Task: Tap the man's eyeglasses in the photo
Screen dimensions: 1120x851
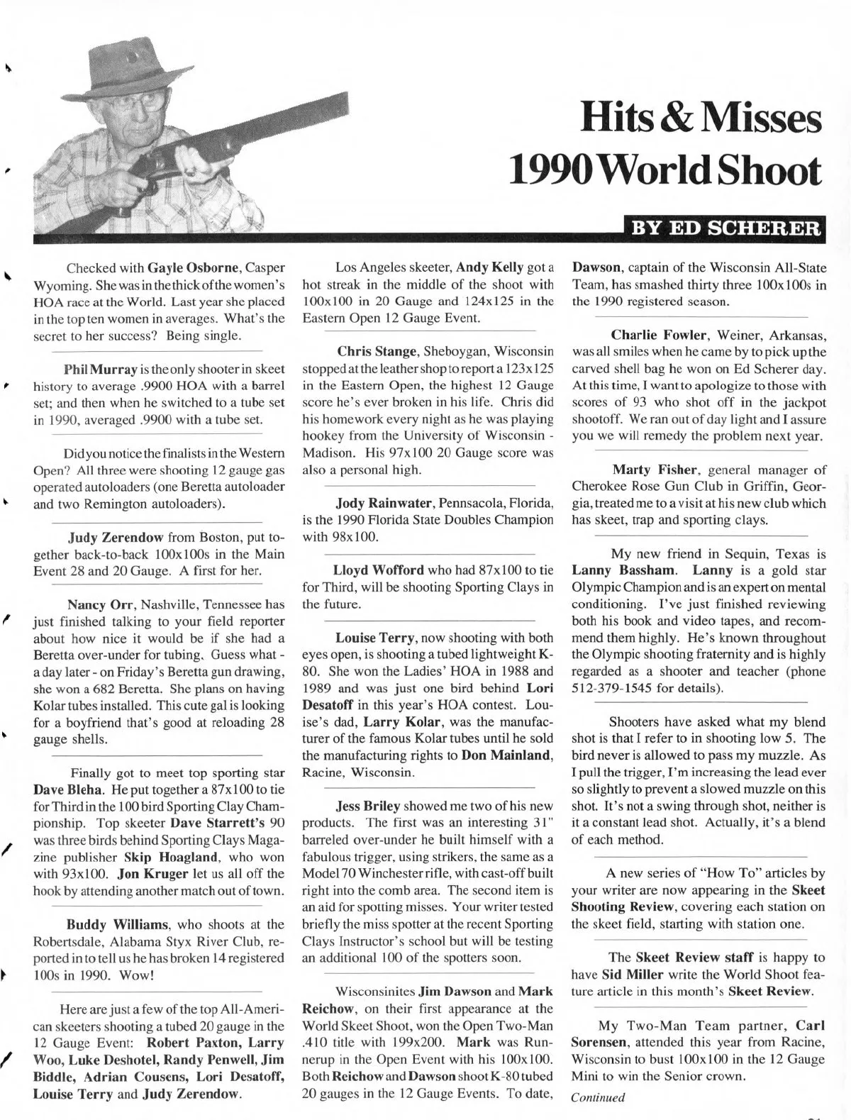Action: (x=152, y=101)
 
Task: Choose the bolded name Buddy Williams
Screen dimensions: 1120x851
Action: (x=116, y=924)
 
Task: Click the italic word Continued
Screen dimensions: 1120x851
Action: (x=598, y=1097)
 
